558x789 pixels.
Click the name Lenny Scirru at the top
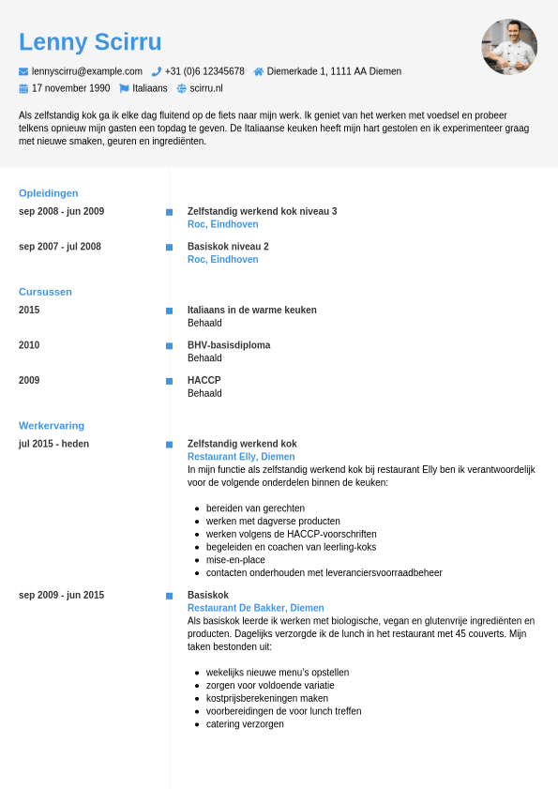90,42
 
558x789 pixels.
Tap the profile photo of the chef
509,47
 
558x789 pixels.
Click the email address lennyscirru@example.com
87,71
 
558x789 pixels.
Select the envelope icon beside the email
23,71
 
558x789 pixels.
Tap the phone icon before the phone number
157,71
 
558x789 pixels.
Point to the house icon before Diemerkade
259,71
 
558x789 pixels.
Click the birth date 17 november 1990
70,88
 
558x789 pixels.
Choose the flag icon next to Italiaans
124,88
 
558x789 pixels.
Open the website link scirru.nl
206,88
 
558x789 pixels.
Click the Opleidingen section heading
49,193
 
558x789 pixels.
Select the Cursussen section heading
45,292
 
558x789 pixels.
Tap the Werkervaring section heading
52,426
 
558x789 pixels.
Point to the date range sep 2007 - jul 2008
60,247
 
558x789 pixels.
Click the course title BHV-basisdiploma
229,345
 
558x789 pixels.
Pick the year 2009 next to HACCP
29,380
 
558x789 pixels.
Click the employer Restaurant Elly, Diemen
241,457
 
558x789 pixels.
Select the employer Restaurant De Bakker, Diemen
256,608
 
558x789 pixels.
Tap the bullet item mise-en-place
235,560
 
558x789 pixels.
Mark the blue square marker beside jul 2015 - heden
169,445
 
